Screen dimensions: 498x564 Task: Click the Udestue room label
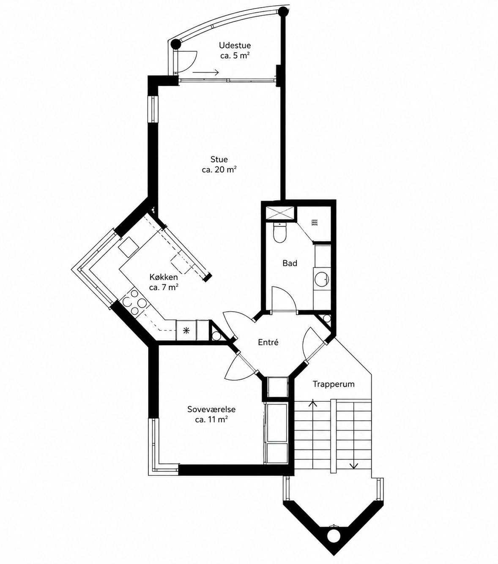coord(235,45)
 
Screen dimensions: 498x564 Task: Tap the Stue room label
coord(219,159)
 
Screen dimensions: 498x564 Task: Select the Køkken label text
coord(164,277)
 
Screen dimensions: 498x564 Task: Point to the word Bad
coord(290,263)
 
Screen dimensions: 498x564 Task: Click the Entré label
coord(268,342)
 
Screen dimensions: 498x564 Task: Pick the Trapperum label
coord(334,384)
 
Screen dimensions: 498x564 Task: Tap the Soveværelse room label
coord(211,409)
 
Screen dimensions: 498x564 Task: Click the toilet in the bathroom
coord(279,232)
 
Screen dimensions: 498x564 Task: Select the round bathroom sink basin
coord(322,278)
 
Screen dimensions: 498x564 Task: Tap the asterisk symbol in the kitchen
coord(186,330)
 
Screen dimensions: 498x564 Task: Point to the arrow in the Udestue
coord(205,72)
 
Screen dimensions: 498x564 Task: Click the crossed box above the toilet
coord(279,213)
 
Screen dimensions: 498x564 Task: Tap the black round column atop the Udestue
coord(283,11)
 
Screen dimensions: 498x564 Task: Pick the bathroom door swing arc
coord(284,298)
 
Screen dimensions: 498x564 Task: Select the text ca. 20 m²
coord(219,169)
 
